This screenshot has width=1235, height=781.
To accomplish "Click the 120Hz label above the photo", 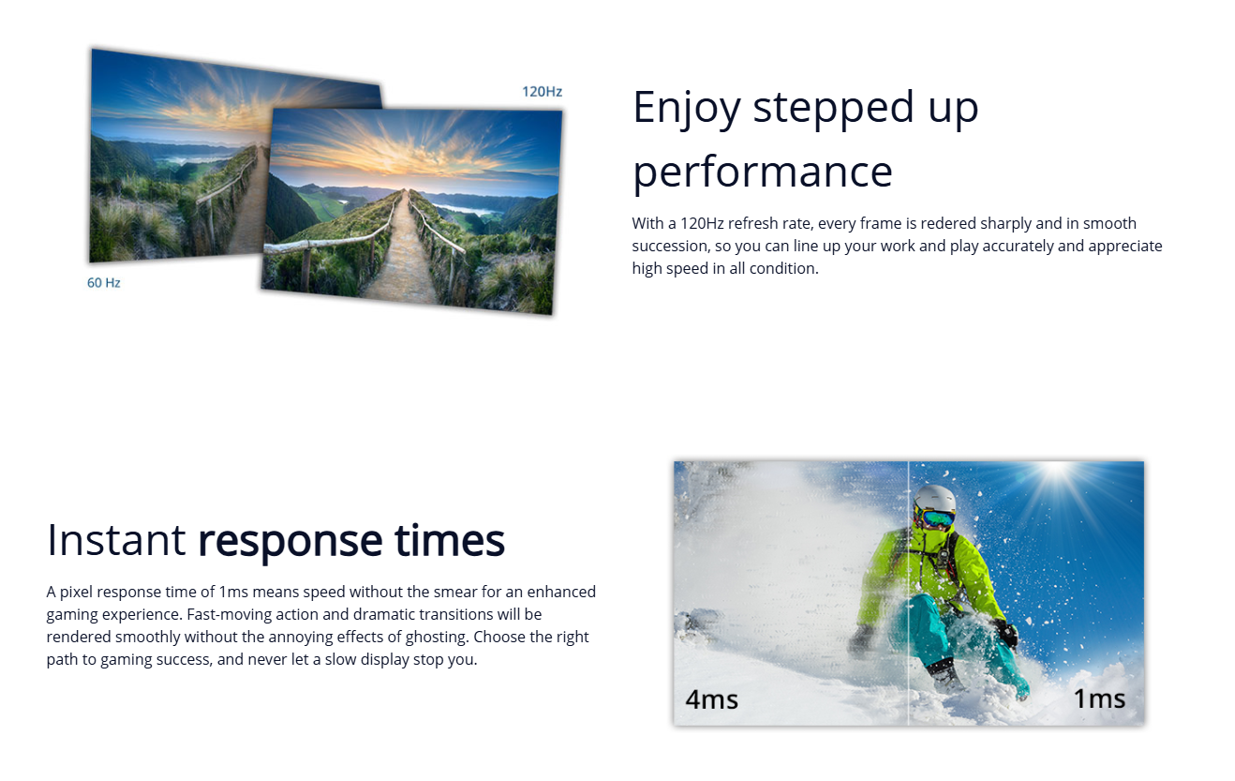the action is tap(542, 92).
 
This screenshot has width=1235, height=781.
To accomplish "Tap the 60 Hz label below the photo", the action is tap(104, 283).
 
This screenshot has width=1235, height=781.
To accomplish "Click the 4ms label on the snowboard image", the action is tap(711, 700).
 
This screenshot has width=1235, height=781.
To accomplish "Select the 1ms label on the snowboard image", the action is tap(1099, 698).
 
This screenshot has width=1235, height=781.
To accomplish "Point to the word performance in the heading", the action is tap(763, 173).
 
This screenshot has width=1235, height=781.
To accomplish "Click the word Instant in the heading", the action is tap(116, 540).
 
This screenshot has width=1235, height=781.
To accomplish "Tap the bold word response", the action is tap(290, 543).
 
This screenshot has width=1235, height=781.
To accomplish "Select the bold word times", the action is tap(450, 540).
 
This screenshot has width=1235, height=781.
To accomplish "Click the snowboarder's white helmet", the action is tap(934, 498).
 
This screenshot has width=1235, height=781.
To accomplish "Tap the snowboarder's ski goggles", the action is tap(937, 518).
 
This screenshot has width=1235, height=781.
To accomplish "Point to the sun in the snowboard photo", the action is tap(1054, 470).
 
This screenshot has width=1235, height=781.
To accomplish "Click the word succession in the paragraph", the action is tap(669, 246).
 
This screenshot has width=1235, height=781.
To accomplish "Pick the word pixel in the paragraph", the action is tap(76, 593).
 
